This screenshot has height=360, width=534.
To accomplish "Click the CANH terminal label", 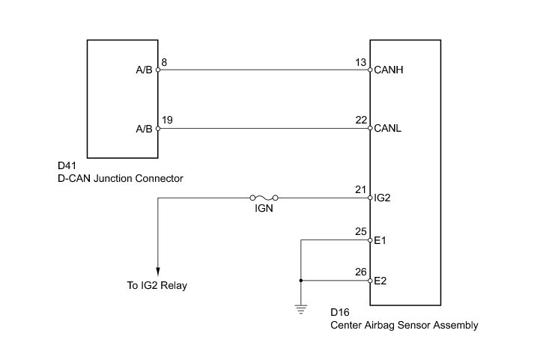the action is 388,70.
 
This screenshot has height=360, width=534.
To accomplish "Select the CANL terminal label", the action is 387,128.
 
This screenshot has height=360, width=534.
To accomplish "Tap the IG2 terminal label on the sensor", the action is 382,198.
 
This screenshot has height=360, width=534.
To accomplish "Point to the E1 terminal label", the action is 380,240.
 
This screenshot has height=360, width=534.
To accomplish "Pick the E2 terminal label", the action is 380,281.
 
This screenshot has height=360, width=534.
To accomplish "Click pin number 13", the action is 361,62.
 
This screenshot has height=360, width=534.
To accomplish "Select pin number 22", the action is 361,120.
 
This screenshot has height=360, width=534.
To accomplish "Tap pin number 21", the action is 360,189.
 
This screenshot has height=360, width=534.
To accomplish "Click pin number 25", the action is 361,232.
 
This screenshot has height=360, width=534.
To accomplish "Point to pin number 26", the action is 361,272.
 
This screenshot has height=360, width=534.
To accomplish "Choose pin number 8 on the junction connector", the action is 164,62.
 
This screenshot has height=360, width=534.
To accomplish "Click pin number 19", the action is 167,120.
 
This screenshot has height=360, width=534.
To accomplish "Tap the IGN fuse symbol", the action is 264,198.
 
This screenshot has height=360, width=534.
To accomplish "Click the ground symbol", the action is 301,309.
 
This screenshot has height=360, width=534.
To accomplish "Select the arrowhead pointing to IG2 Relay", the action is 158,271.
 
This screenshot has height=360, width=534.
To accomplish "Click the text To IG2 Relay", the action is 157,285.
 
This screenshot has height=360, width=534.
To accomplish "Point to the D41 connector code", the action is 67,165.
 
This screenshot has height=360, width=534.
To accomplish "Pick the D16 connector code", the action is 340,312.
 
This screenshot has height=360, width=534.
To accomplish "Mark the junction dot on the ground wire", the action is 301,281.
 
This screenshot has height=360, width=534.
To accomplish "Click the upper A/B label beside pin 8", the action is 144,70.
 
